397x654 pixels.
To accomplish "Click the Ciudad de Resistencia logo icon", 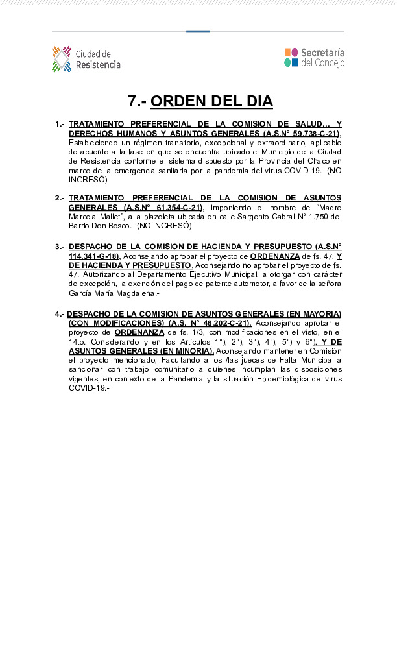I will [62, 59].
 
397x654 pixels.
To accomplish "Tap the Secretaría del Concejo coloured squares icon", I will [291, 57].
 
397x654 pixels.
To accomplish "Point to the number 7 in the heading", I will [132, 102].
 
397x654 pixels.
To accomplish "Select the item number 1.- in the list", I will [60, 124].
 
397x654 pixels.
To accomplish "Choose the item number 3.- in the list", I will [60, 247].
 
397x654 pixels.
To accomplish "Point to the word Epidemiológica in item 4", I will [281, 379].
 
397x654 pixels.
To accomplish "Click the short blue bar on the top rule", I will [198, 32].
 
